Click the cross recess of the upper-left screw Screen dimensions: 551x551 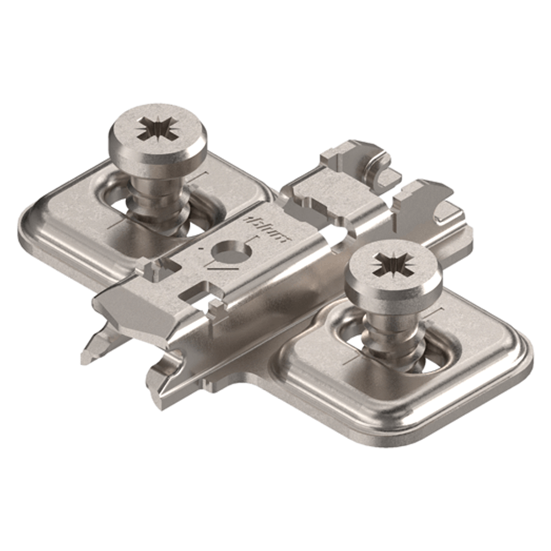[x=156, y=130]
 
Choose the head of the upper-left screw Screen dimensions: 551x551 [x=156, y=135]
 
